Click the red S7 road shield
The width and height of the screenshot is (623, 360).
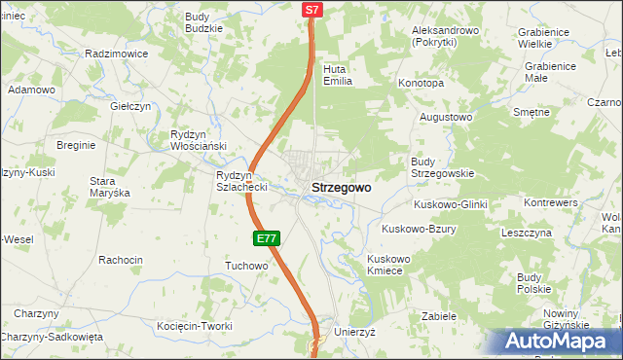tap(311, 10)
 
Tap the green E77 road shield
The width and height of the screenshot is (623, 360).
tap(269, 238)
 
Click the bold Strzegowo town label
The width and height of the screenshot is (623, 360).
tap(340, 189)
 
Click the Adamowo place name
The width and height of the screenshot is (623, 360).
tap(31, 90)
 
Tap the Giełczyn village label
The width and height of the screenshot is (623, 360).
tap(130, 107)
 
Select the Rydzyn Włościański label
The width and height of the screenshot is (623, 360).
tap(198, 140)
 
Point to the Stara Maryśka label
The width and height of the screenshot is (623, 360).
tap(109, 187)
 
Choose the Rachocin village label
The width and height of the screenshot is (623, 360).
tap(121, 260)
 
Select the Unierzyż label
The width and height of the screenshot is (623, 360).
tap(354, 332)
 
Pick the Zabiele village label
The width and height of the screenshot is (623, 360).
tap(439, 316)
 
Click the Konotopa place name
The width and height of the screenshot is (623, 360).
tap(421, 84)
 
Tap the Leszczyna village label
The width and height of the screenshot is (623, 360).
tap(527, 234)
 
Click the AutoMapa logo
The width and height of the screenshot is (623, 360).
tap(562, 342)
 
